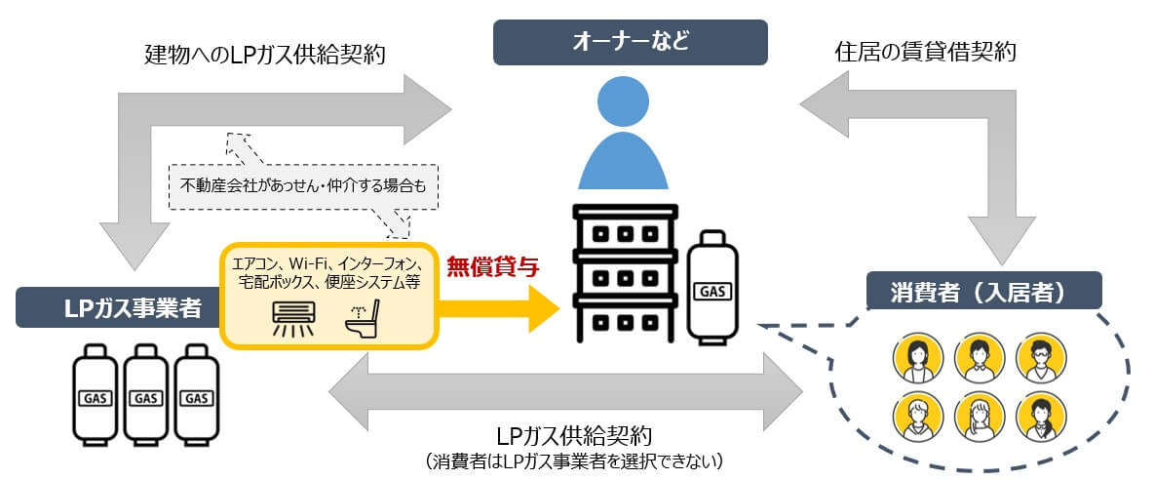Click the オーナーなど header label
click(x=630, y=42)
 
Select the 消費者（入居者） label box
click(x=983, y=291)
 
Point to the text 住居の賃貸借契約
click(x=926, y=52)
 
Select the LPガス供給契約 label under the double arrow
click(x=574, y=434)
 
